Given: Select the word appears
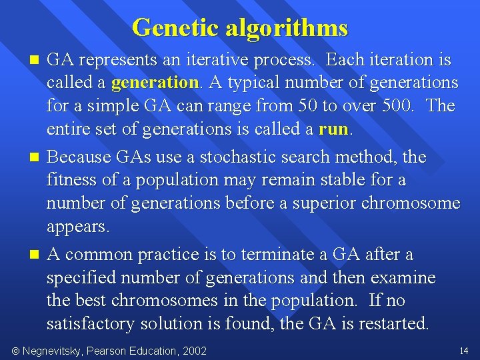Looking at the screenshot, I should click(77, 227).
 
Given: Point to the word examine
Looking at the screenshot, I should click(403, 278).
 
